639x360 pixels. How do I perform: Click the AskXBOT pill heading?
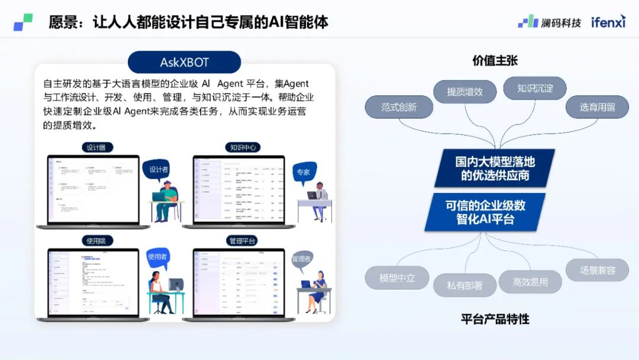[x=185, y=62]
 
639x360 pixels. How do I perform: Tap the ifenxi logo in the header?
[x=608, y=22]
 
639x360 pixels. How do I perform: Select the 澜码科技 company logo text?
[x=560, y=22]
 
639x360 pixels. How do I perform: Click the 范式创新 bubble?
[x=399, y=107]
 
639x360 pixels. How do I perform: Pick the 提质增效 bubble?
[x=464, y=92]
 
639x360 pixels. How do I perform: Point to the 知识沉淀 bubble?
[x=534, y=88]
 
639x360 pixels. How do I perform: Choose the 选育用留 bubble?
[x=596, y=107]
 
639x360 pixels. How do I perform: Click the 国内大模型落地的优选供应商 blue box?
[x=495, y=168]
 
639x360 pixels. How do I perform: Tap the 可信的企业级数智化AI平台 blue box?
[x=485, y=212]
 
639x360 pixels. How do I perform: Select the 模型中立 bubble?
[x=397, y=278]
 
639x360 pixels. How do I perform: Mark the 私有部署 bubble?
[x=464, y=285]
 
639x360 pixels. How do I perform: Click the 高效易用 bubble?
[x=530, y=282]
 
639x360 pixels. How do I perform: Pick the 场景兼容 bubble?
[x=597, y=271]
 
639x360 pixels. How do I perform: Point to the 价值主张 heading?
[x=495, y=61]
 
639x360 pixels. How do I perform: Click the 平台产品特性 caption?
[x=495, y=319]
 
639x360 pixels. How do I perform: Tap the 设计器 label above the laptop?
[x=97, y=147]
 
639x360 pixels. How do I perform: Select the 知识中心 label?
[x=243, y=147]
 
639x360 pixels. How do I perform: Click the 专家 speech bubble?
[x=304, y=172]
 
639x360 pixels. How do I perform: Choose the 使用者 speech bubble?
[x=158, y=257]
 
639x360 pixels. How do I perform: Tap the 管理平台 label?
[x=243, y=240]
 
